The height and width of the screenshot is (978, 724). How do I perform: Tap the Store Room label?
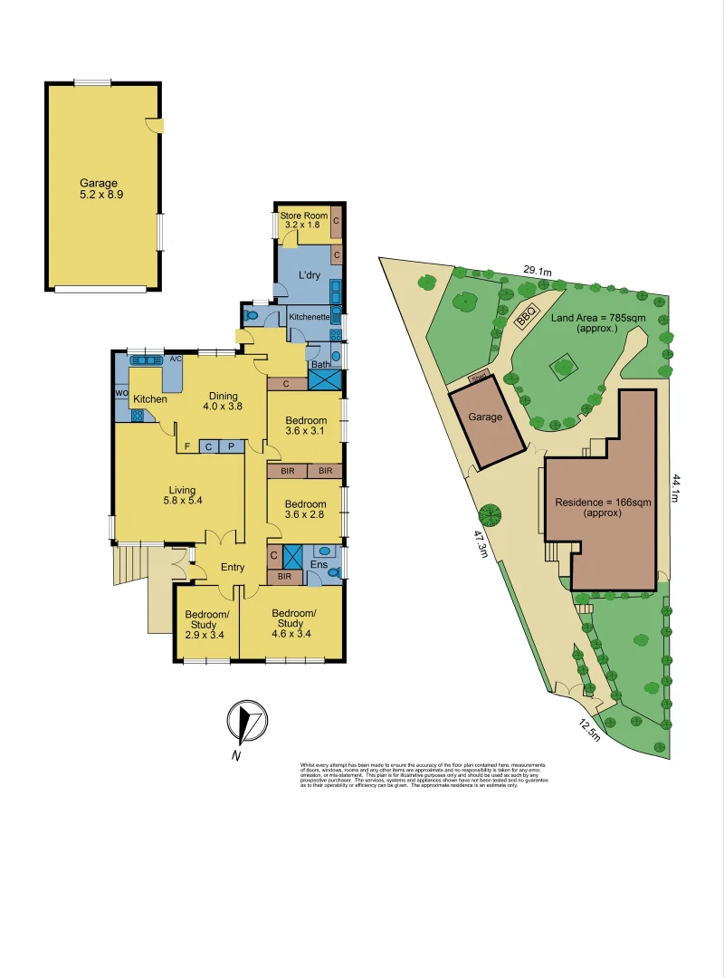coord(303,220)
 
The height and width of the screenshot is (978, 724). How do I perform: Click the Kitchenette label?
coord(309,317)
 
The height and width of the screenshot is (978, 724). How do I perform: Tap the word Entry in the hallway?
coord(233,568)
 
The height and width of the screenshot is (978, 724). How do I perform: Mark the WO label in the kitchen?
coord(120,393)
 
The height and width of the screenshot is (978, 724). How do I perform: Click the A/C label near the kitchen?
coord(176,360)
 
